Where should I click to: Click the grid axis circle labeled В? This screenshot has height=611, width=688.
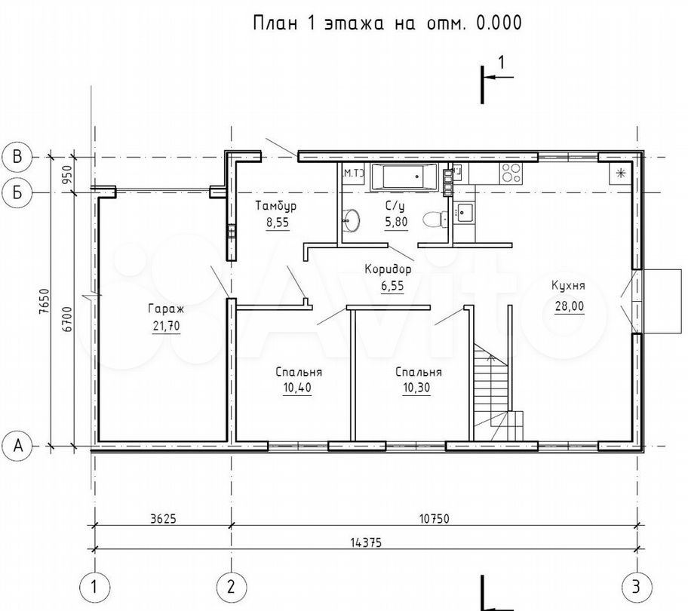17,157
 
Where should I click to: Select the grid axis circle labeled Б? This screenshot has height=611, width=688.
17,192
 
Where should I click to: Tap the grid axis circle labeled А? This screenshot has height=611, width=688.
17,446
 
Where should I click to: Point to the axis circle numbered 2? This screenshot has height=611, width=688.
232,587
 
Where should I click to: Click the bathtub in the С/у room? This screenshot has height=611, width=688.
404,177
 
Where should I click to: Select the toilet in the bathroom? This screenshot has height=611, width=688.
435,219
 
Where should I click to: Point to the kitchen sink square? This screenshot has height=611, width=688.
464,213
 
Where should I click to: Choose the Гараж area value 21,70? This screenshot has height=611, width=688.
166,327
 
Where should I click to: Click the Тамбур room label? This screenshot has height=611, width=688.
276,205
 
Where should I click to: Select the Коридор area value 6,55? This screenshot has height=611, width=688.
392,287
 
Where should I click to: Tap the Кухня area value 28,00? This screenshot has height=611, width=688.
570,306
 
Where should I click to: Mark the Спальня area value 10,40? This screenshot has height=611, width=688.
297,388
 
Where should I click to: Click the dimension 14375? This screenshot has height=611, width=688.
366,542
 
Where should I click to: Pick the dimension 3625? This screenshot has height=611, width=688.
163,519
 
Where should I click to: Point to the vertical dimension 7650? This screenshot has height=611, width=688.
44,301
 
